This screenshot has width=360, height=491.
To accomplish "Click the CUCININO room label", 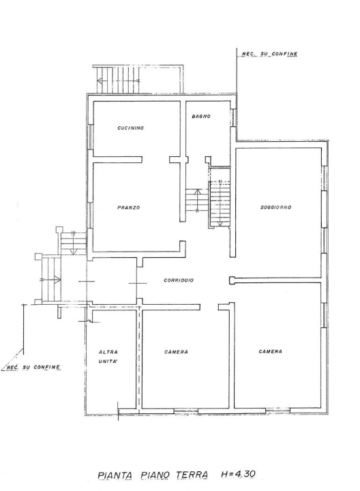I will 130,128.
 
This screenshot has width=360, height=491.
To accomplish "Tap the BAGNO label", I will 201,117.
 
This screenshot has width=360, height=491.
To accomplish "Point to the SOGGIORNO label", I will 276,207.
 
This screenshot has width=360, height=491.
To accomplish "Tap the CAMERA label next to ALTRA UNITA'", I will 177,352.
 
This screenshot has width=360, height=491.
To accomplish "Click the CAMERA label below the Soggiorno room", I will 271,352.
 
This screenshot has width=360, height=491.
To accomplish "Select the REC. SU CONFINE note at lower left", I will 33,368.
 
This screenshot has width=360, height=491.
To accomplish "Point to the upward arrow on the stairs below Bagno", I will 197,198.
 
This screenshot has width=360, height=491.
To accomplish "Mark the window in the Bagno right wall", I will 233,117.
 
